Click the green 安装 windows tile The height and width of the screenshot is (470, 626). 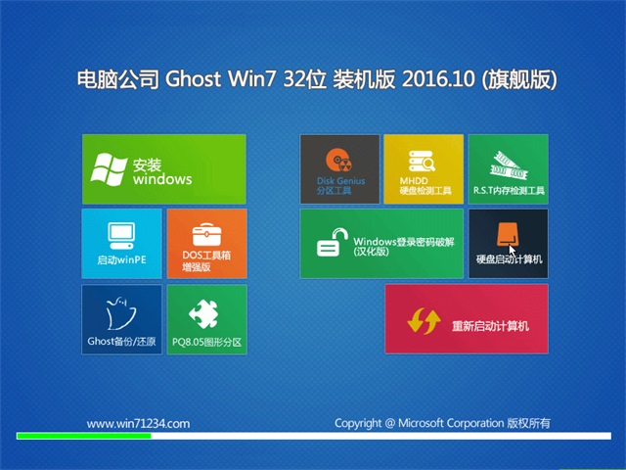pyautogui.click(x=163, y=169)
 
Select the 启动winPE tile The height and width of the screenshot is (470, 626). pyautogui.click(x=121, y=244)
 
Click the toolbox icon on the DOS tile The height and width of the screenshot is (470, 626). pyautogui.click(x=206, y=235)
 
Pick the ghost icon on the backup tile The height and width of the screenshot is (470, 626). pyautogui.click(x=121, y=313)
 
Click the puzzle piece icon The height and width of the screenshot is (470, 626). pyautogui.click(x=204, y=313)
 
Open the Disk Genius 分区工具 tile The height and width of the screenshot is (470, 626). pyautogui.click(x=339, y=169)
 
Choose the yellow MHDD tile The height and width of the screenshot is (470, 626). pyautogui.click(x=424, y=169)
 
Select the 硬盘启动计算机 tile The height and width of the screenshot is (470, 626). pyautogui.click(x=509, y=244)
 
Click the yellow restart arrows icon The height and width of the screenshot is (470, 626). pyautogui.click(x=424, y=320)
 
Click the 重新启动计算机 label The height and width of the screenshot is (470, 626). pyautogui.click(x=490, y=326)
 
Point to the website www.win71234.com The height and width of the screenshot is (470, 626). pyautogui.click(x=138, y=424)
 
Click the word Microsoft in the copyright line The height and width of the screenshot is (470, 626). pyautogui.click(x=421, y=423)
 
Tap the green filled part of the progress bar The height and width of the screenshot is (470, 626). pyautogui.click(x=84, y=436)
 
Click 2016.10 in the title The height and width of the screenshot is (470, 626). pyautogui.click(x=438, y=78)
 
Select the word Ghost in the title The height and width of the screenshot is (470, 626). pyautogui.click(x=193, y=78)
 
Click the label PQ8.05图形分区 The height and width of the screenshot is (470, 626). pyautogui.click(x=206, y=342)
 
